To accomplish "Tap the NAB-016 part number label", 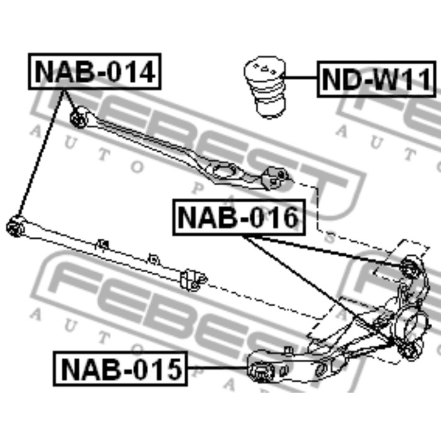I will tap(238, 217).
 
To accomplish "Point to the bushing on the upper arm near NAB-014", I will tap(79, 117).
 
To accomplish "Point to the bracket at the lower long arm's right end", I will tap(193, 277).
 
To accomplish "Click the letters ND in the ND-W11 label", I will tap(338, 80).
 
